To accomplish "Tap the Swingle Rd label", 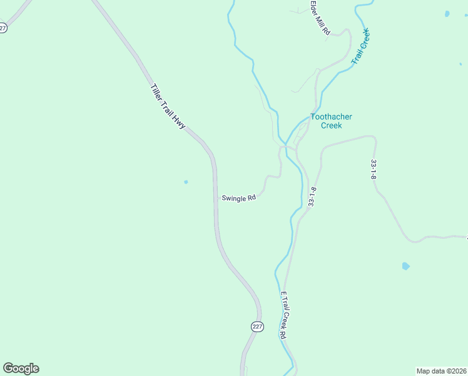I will pyautogui.click(x=238, y=198).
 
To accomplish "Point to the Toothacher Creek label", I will pyautogui.click(x=331, y=121).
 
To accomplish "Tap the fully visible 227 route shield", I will pyautogui.click(x=257, y=327).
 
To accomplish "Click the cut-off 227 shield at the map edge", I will pyautogui.click(x=3, y=28).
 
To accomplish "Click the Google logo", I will pyautogui.click(x=21, y=368).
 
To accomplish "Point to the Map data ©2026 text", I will pyautogui.click(x=441, y=370).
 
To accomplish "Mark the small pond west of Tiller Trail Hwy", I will pyautogui.click(x=186, y=182).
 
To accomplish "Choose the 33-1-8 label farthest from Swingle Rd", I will pyautogui.click(x=374, y=169).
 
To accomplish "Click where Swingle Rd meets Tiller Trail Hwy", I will pyautogui.click(x=216, y=199).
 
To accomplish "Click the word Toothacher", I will pyautogui.click(x=331, y=117).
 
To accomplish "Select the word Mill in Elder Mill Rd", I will pyautogui.click(x=320, y=22).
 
